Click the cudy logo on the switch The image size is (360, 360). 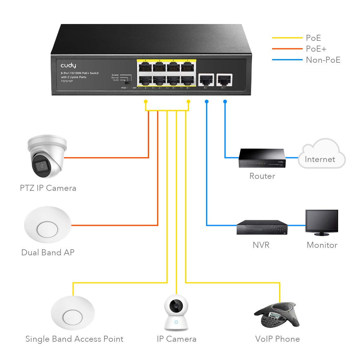[68, 65]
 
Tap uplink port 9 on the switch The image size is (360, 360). [206, 80]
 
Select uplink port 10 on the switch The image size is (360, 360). [224, 80]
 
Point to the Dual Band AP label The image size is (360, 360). [48, 252]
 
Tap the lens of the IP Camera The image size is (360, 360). [176, 306]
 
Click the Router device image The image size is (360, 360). [262, 158]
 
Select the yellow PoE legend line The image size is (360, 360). [287, 38]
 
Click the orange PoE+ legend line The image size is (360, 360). [287, 49]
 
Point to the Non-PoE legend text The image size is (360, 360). [323, 60]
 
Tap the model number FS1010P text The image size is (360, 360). [67, 81]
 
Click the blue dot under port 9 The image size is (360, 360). [206, 102]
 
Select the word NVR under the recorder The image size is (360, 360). [261, 245]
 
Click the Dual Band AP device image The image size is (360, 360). [47, 224]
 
